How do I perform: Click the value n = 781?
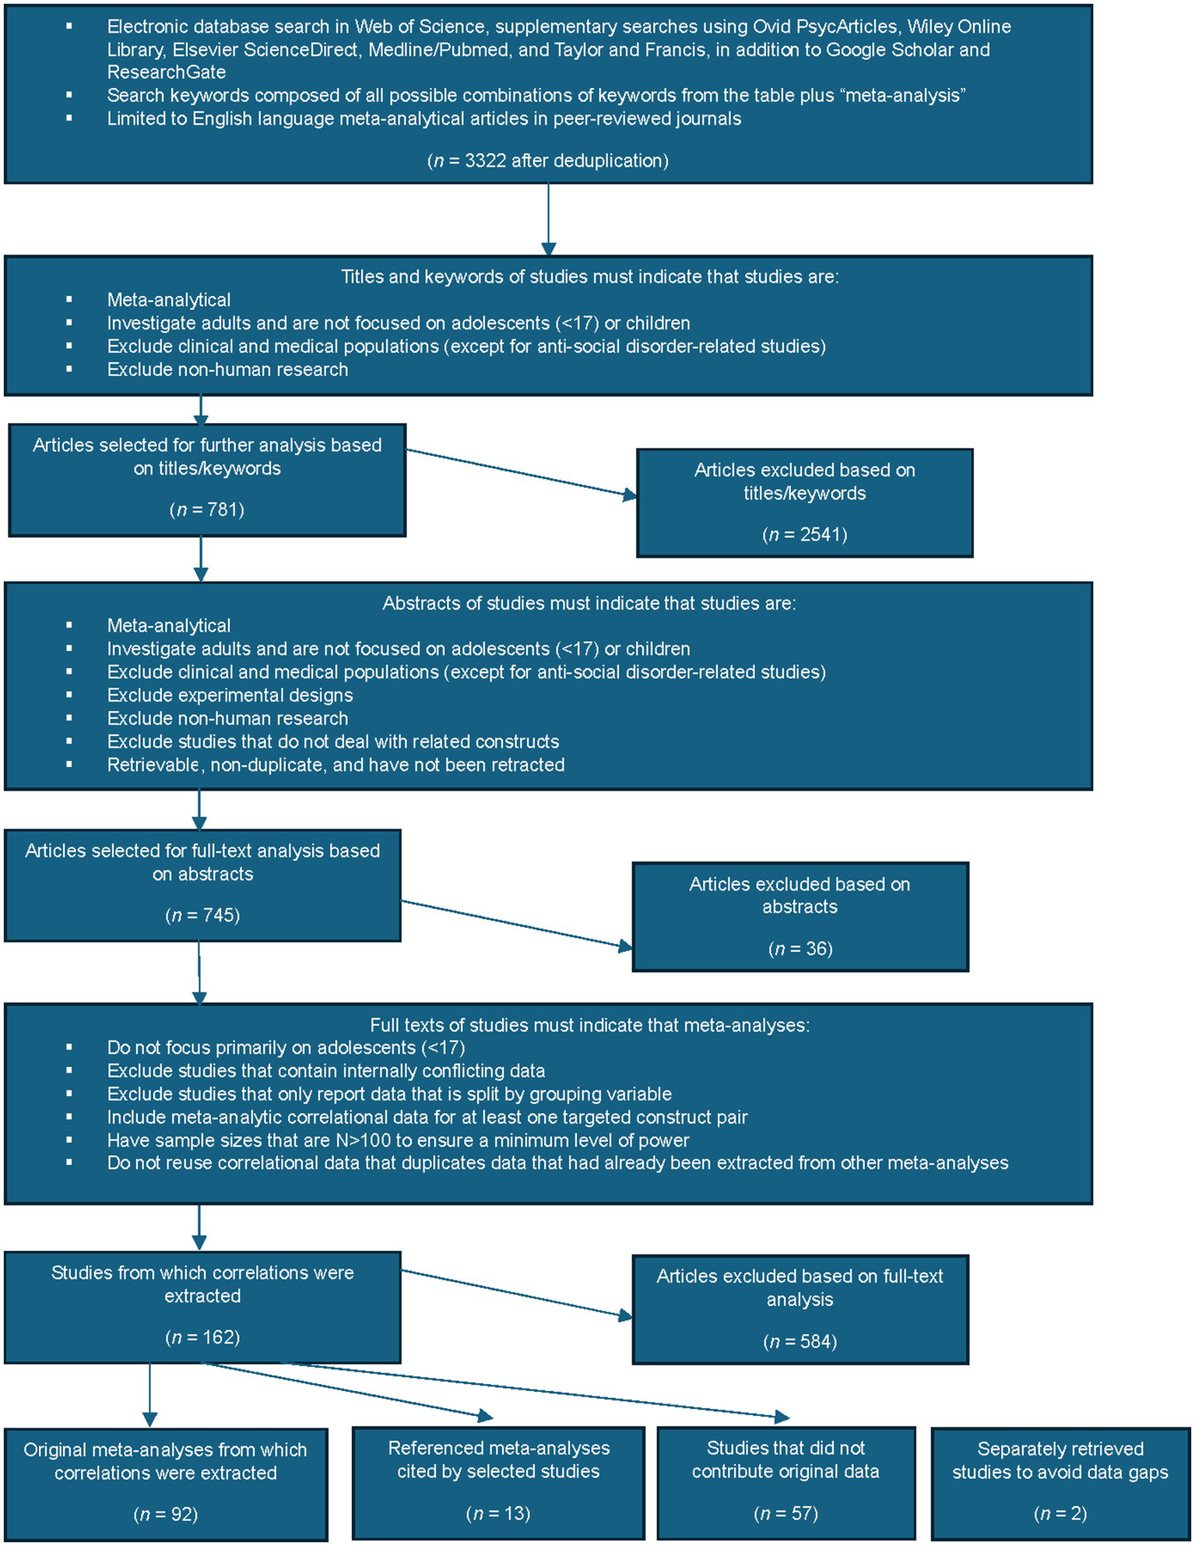[207, 510]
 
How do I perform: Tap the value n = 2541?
[805, 535]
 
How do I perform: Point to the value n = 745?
[202, 915]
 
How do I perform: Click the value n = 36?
[800, 949]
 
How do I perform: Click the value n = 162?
[202, 1337]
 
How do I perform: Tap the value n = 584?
[800, 1341]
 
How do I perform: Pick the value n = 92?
[166, 1514]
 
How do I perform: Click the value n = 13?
[498, 1513]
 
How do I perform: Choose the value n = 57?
[786, 1513]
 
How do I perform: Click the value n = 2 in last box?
[1060, 1513]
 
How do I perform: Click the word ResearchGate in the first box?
[167, 72]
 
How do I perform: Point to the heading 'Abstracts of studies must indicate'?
[589, 604]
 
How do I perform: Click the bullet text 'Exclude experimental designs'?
[230, 696]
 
